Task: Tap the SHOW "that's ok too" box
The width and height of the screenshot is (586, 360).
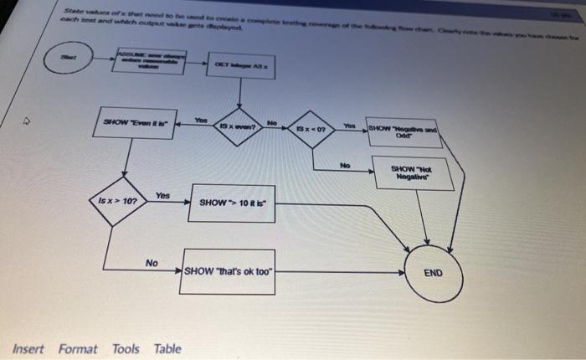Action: (x=229, y=271)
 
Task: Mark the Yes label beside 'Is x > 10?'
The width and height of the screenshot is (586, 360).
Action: (x=163, y=195)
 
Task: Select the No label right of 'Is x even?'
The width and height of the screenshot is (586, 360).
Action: (x=271, y=121)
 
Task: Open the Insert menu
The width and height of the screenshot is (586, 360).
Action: (x=28, y=349)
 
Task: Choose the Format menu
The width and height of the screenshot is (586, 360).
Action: (x=78, y=349)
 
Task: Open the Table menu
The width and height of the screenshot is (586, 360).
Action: (x=167, y=349)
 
